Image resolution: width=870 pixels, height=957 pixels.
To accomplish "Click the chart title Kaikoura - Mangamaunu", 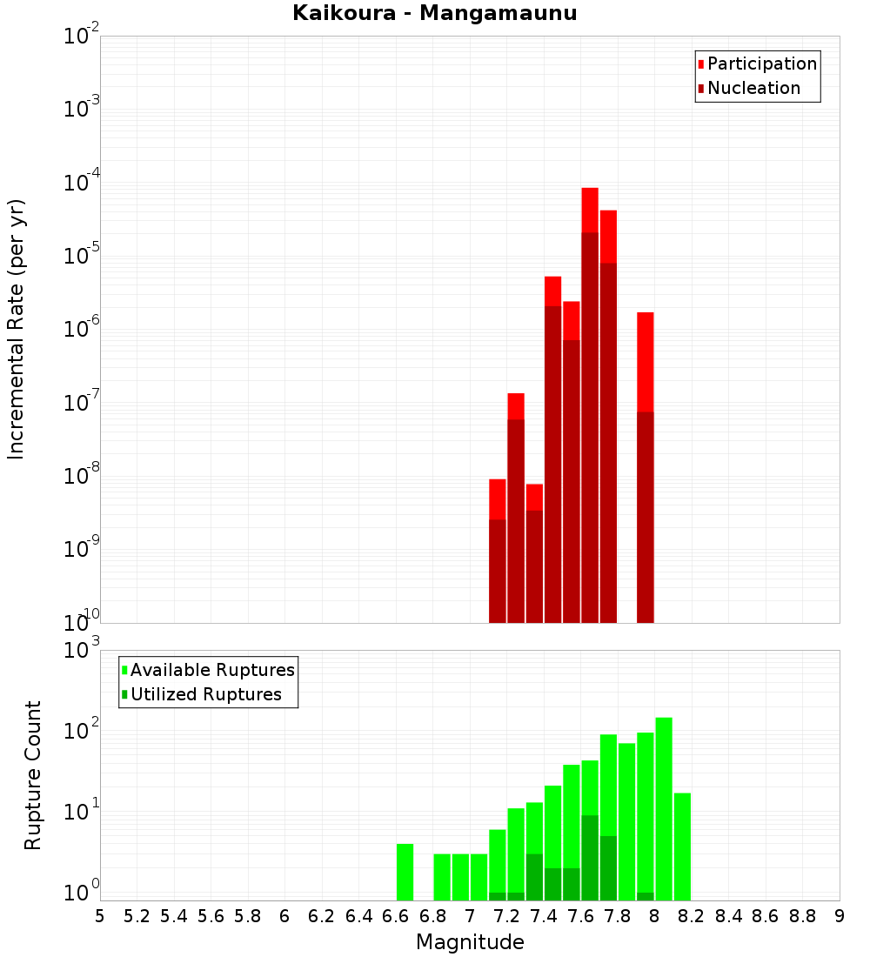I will tap(435, 13).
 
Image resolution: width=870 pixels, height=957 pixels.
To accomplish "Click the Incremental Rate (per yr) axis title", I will tap(17, 329).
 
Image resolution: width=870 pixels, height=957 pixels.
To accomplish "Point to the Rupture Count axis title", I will tap(33, 775).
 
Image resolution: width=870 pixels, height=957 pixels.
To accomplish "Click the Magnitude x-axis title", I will tap(470, 942).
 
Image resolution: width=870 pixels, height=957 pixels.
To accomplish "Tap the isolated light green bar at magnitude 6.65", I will tap(405, 872).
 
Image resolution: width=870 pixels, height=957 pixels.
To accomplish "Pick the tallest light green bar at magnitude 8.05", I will tap(664, 809).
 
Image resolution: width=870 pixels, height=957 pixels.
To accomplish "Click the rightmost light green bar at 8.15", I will tap(682, 847).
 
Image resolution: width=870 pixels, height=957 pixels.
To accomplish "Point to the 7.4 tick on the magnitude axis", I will tap(544, 916).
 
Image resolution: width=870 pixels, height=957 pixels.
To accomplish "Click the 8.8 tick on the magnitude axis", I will tap(802, 916).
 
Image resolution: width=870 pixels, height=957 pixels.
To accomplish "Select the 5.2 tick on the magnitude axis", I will tap(137, 916).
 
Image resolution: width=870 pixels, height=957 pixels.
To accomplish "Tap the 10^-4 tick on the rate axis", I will tap(83, 184).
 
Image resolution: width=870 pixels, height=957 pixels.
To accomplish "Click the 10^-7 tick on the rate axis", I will tap(83, 404).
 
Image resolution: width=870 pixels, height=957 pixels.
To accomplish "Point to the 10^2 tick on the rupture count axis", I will tap(83, 731).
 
